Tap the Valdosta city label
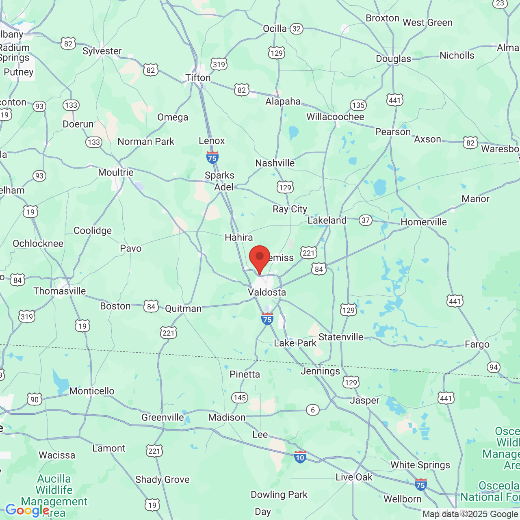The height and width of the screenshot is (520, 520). point(267,292)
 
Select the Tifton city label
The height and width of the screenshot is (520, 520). point(198,78)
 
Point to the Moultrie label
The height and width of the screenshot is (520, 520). point(116,172)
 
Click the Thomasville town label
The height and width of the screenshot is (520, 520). point(60,291)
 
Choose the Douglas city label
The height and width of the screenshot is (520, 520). point(393,59)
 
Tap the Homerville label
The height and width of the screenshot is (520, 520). point(424,222)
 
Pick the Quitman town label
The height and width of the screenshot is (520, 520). point(183,308)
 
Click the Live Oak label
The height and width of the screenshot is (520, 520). point(354,477)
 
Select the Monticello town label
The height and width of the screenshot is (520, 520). point(92,391)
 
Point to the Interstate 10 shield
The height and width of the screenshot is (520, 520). point(300,457)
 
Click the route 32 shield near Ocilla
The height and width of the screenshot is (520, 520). point(297,29)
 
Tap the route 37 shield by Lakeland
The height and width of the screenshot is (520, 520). point(366,220)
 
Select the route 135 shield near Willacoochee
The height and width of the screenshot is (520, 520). point(358,105)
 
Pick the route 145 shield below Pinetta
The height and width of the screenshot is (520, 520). point(240,398)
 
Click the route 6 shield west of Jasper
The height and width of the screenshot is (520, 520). point(312,409)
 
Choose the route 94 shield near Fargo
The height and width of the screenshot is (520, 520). point(493,367)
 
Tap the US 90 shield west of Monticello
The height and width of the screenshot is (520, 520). point(35,399)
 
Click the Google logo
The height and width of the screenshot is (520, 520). point(27,510)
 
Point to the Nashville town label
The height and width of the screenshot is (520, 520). point(275,163)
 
